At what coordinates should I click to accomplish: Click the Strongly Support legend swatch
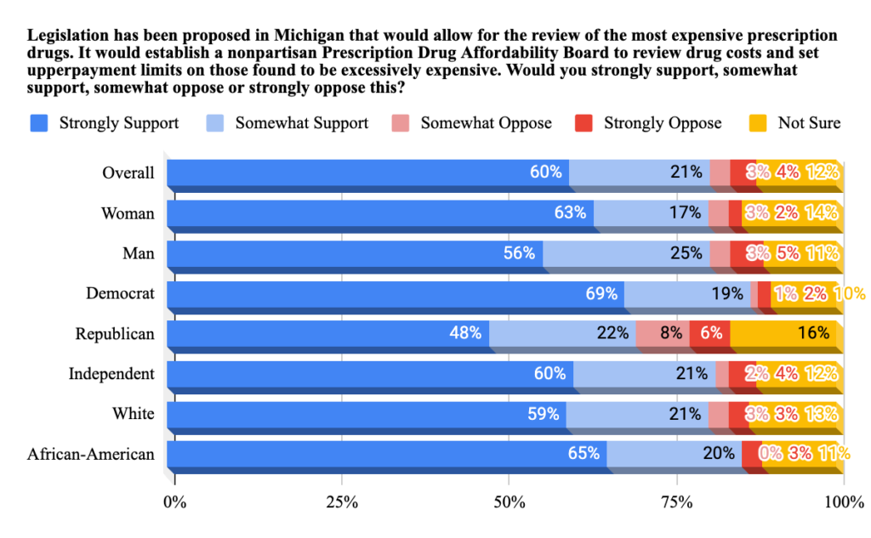tap(39, 122)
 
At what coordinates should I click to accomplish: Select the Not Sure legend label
tap(808, 122)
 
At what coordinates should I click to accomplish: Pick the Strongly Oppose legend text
tap(662, 122)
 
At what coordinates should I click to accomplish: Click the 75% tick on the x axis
tap(676, 501)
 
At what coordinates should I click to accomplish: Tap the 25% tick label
tap(342, 501)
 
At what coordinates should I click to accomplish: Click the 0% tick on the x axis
tap(175, 501)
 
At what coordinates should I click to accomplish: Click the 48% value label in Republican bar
tap(466, 333)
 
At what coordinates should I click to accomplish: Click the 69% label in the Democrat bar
tap(601, 293)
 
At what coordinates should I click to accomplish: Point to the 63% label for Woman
tap(570, 212)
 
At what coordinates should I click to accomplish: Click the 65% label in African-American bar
tap(584, 454)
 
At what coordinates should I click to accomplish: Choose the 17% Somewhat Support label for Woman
tap(685, 212)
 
